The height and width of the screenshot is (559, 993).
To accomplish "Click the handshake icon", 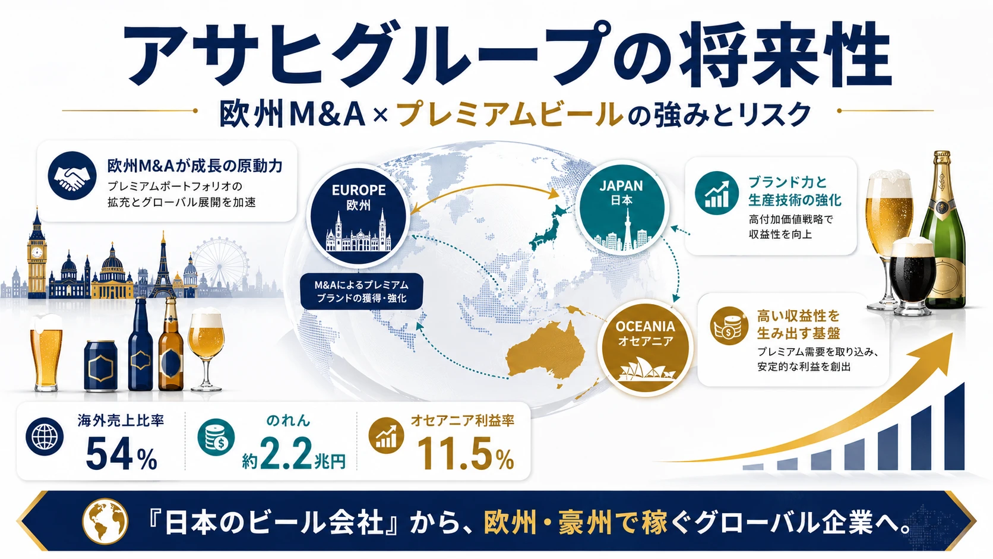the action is point(72,175).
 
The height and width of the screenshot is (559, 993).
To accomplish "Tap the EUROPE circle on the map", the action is point(358,216).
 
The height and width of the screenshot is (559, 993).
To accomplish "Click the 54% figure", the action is point(122,453).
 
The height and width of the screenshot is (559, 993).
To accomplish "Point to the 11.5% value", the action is point(466,453).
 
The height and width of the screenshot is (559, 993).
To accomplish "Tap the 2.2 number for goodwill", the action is point(286,453).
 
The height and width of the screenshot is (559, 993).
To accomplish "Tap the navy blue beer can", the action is point(100,366).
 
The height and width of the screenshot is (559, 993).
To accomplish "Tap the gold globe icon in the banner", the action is point(105,522).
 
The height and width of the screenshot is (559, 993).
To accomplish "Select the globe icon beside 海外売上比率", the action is point(45,437).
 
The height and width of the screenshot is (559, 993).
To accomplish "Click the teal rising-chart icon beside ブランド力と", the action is point(717,193).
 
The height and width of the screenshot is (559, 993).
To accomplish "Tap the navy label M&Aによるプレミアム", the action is point(361,291).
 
